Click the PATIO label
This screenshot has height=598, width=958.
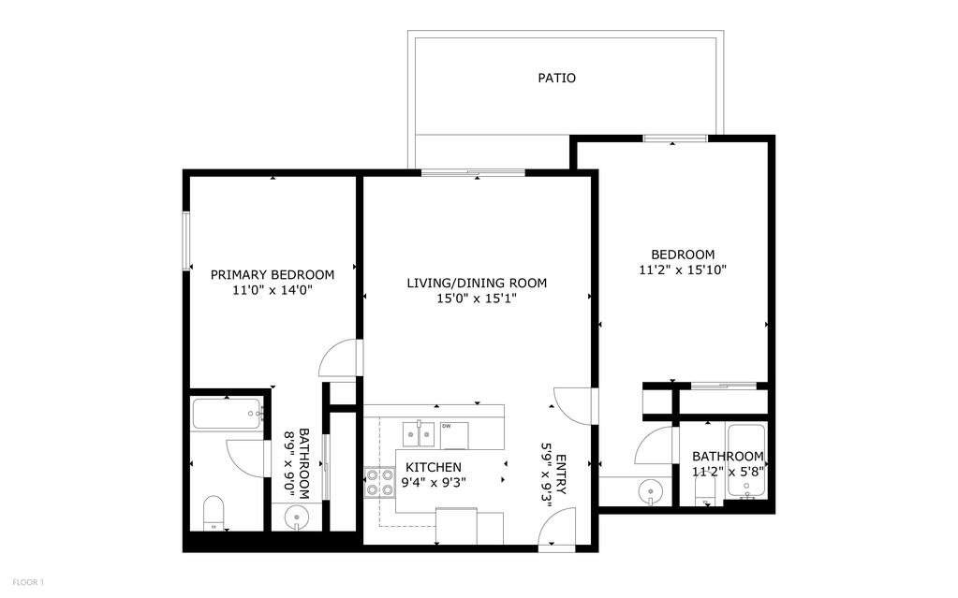[x=556, y=79]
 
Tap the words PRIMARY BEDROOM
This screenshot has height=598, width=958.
[x=272, y=275]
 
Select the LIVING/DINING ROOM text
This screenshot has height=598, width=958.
[x=477, y=283]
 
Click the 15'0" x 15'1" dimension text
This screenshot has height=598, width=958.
[x=477, y=299]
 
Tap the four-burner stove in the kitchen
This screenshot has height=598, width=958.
[x=379, y=482]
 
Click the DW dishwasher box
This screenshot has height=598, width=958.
[x=447, y=427]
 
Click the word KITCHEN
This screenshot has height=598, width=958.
[x=433, y=467]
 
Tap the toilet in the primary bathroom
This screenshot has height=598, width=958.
[x=214, y=513]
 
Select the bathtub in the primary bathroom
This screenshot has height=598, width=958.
[x=227, y=415]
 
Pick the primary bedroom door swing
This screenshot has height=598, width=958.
[x=339, y=358]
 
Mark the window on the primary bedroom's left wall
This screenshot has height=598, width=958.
[x=186, y=241]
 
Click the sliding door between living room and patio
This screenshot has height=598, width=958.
[x=472, y=172]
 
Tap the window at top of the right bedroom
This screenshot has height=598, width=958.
[x=674, y=139]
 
